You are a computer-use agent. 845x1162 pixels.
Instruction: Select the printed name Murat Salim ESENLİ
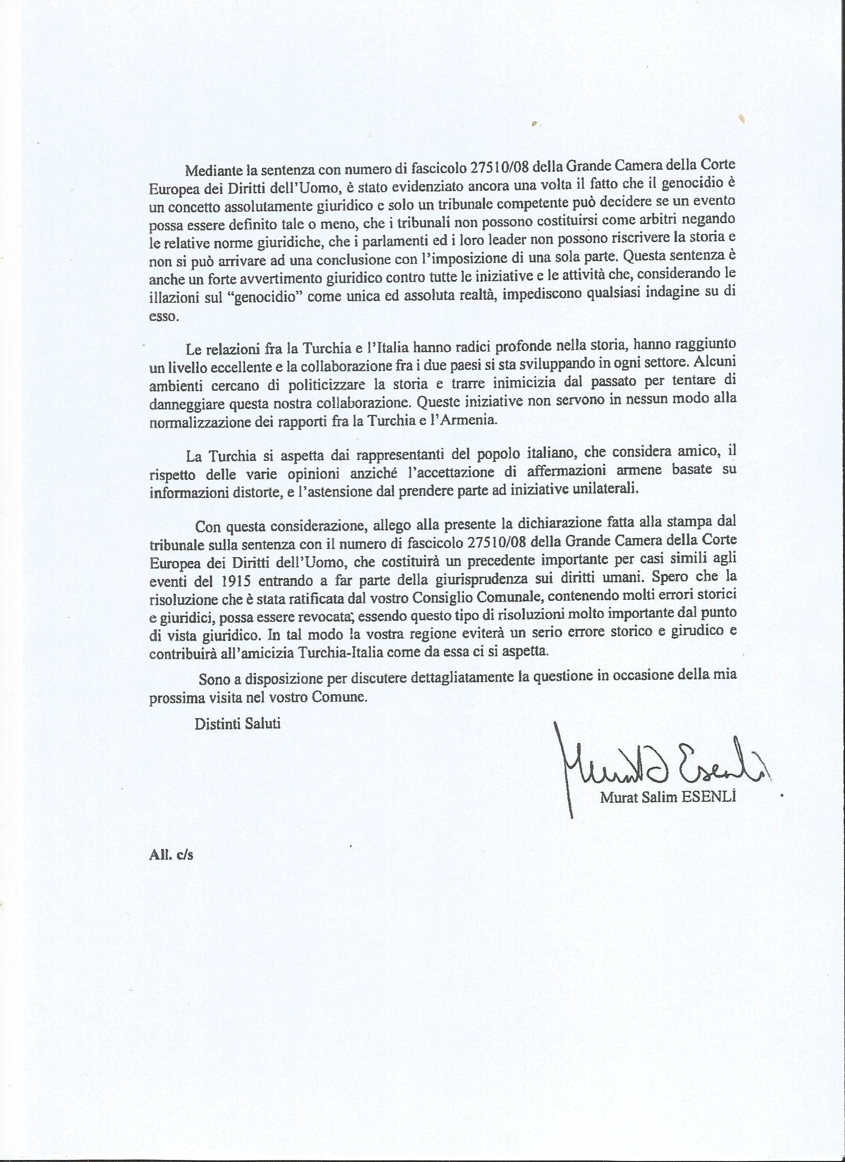coord(669,797)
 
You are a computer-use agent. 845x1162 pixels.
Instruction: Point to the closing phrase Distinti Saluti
coord(237,724)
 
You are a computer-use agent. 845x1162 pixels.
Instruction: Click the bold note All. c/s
coord(170,854)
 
